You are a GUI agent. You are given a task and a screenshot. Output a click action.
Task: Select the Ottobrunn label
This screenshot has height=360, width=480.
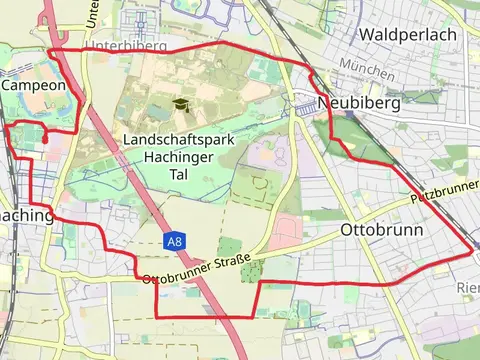point(382,229)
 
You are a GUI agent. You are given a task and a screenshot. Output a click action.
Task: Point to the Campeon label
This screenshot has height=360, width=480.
point(34,86)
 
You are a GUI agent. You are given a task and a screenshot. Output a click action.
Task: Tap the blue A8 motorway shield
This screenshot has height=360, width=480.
point(175,242)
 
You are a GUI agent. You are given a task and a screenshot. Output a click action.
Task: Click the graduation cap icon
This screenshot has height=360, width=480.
point(180,104)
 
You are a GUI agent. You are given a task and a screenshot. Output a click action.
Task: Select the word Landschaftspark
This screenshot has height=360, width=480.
point(180,140)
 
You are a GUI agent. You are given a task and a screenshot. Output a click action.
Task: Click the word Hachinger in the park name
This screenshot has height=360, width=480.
point(180,157)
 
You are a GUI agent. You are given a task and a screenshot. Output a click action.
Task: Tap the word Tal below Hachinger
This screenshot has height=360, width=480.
point(180,174)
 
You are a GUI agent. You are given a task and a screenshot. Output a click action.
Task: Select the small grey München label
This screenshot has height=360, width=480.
point(361,64)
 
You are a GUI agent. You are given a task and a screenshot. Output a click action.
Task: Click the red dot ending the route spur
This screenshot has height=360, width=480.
point(46,141)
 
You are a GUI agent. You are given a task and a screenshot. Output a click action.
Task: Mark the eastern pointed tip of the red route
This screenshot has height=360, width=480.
point(473,250)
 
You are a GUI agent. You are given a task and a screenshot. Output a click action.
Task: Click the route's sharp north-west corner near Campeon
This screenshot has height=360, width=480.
point(49,48)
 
